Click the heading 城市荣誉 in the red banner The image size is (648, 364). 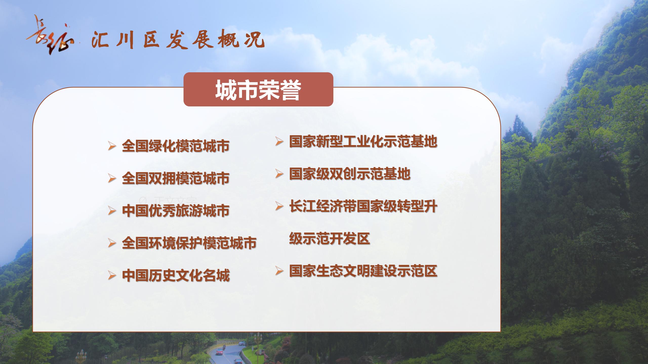pos(258,90)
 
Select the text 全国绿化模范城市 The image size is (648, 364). pos(176,146)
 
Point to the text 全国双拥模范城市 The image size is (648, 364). pos(176,178)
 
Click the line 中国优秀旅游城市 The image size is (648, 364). pos(176,211)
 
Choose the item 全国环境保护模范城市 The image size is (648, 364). pos(189,243)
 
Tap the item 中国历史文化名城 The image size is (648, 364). pos(176,275)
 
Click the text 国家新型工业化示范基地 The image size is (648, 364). pos(363,141)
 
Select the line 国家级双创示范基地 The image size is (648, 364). pos(350,174)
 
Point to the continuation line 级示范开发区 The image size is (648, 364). pos(330,238)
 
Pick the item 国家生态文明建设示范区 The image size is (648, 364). pos(363,271)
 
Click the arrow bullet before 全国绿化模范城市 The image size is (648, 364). pos(112,146)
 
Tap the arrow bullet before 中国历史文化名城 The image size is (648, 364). pos(112,275)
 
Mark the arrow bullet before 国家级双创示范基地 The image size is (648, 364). pos(279,174)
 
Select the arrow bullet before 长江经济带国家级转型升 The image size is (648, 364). pos(279,206)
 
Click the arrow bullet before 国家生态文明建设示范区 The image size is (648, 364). pos(279,271)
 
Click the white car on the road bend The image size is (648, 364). pos(242,343)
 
